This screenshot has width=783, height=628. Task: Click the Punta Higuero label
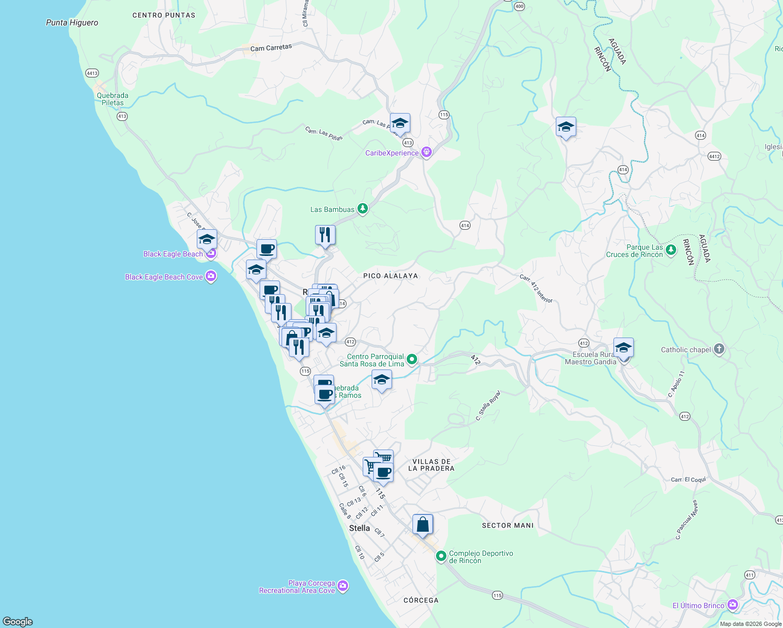[x=72, y=23]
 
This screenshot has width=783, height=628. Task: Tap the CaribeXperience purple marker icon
[x=427, y=152]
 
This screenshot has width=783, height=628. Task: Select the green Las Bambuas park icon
[x=362, y=209]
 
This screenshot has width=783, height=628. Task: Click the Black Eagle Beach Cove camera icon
[x=211, y=276]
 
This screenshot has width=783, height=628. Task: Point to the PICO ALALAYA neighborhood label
[x=390, y=276]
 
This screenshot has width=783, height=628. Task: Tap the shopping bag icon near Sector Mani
[x=422, y=524]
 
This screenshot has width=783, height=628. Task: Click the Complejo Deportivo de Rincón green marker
[x=441, y=556]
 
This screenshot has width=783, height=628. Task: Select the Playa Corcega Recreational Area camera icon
[x=343, y=586]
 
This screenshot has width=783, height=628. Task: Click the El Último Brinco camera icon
[x=732, y=605]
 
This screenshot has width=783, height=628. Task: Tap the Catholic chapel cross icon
[x=719, y=350]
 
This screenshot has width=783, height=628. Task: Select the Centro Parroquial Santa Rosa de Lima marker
[x=412, y=360]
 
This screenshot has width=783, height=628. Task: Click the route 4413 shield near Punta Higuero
[x=92, y=73]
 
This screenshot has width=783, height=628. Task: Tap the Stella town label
[x=360, y=528]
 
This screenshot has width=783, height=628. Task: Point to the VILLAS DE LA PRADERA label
[x=431, y=465]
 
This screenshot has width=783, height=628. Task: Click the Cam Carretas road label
[x=271, y=48]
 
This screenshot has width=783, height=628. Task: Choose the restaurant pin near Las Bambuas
[x=325, y=235]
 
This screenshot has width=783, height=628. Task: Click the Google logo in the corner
[x=18, y=621]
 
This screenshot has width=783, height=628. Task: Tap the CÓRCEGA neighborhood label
[x=421, y=600]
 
